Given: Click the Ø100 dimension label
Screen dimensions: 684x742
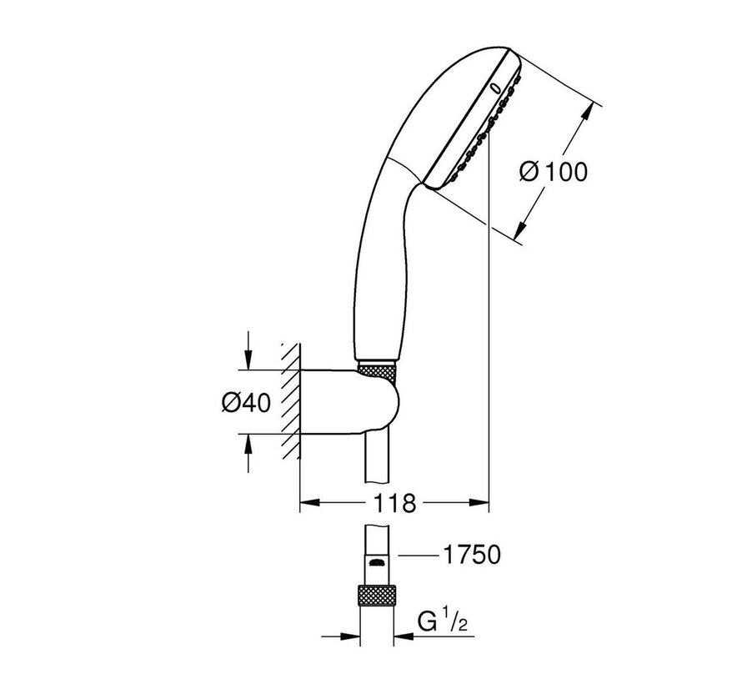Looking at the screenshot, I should (x=553, y=172).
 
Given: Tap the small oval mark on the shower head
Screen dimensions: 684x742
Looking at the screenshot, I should (x=495, y=87).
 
